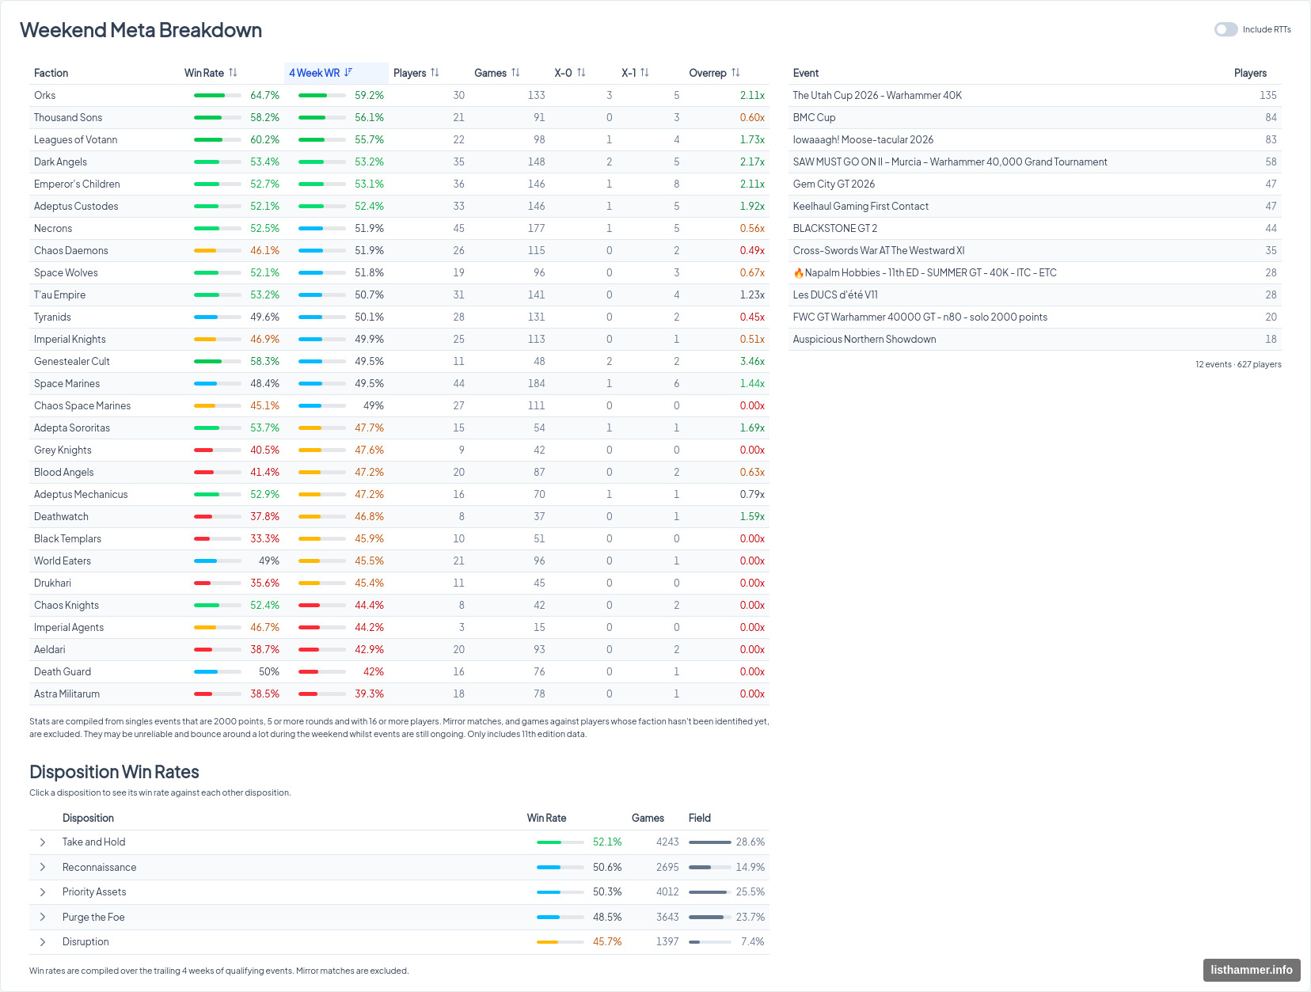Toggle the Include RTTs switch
(x=1225, y=29)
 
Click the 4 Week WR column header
(x=314, y=73)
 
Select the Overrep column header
(x=707, y=73)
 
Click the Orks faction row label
(x=45, y=95)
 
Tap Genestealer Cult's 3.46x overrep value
(x=752, y=361)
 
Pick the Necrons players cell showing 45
(x=458, y=228)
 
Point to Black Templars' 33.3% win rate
(x=264, y=538)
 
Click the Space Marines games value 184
(x=536, y=383)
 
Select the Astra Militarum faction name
(x=66, y=694)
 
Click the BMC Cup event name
(x=814, y=118)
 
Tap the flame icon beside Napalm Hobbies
(x=798, y=273)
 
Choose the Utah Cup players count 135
(x=1268, y=95)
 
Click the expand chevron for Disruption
(x=43, y=942)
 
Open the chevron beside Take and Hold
(x=43, y=842)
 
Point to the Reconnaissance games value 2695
(x=667, y=867)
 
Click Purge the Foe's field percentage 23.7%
(x=750, y=917)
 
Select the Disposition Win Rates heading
(x=114, y=772)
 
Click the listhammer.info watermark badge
(x=1252, y=970)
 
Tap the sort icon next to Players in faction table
(x=435, y=73)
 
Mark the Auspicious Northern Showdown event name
(x=864, y=339)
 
